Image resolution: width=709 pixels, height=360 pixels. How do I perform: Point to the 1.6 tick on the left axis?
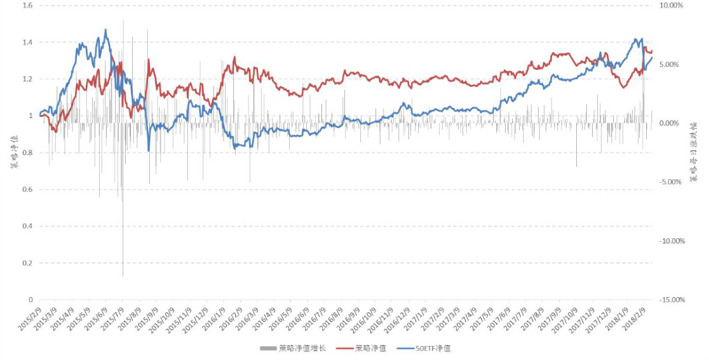coord(27,6)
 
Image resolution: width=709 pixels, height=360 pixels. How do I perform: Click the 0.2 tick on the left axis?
coord(27,263)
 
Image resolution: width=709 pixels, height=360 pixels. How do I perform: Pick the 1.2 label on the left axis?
coord(27,79)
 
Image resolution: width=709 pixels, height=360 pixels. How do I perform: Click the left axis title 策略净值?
coord(13,152)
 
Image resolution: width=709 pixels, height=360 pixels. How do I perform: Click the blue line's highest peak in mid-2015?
coord(105,29)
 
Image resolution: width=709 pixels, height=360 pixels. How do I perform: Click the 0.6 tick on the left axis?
coord(27,189)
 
